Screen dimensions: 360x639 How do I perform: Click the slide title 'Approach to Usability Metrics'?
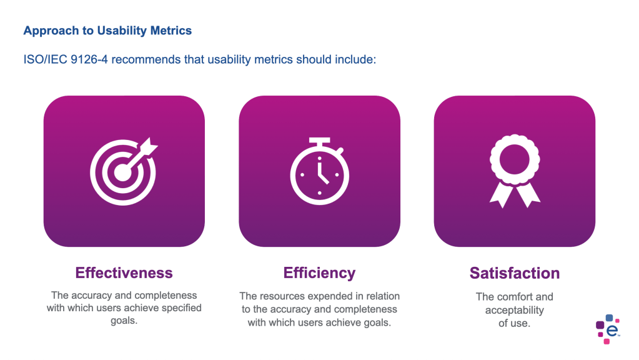pyautogui.click(x=107, y=31)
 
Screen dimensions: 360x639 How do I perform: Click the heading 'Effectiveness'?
pyautogui.click(x=124, y=273)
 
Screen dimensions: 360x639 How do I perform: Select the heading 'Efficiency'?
pyautogui.click(x=319, y=273)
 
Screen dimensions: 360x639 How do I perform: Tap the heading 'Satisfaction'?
pyautogui.click(x=515, y=274)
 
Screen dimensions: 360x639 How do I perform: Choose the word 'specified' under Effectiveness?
pyautogui.click(x=181, y=308)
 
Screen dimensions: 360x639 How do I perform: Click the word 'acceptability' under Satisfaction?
pyautogui.click(x=515, y=310)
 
